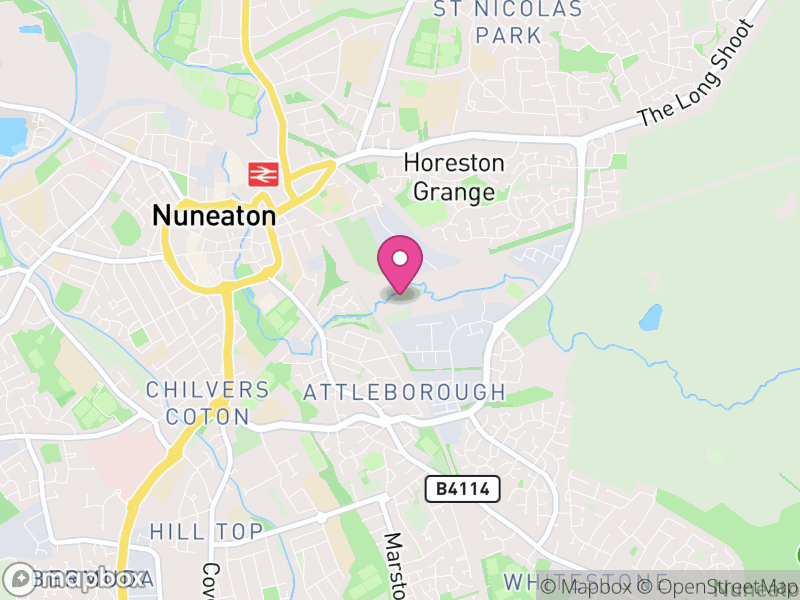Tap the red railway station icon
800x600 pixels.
click(x=263, y=173)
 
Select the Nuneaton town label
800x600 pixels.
click(x=214, y=215)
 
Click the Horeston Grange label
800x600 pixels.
click(x=454, y=176)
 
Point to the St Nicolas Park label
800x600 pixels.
click(x=507, y=22)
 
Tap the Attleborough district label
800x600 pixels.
click(x=404, y=391)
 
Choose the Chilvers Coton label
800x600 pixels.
click(x=208, y=402)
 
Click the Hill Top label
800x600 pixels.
click(x=207, y=531)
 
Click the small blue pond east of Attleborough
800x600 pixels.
click(x=651, y=318)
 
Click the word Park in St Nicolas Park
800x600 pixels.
click(x=508, y=36)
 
